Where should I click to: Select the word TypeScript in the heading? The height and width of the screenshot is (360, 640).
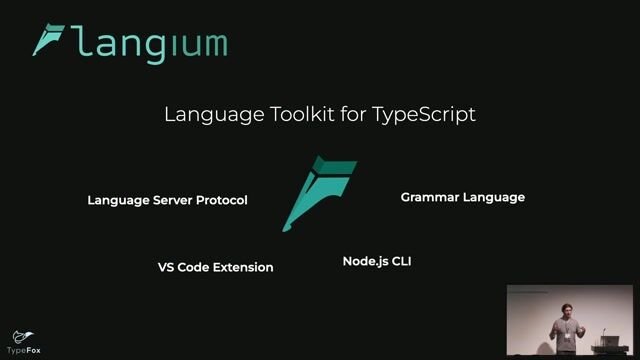pos(423,114)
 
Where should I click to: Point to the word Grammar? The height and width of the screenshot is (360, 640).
pos(430,197)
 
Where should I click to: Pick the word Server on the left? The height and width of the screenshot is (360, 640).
pos(171,200)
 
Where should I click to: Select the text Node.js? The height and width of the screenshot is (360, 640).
pos(365,261)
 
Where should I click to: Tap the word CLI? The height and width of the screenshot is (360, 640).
pos(401,261)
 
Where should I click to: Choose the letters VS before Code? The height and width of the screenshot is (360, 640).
pos(166,267)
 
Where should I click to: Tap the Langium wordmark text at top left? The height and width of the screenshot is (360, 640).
pos(150,44)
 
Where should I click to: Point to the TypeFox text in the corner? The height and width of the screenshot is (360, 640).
pos(23,351)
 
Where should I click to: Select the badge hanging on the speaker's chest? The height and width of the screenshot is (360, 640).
pos(568,335)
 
